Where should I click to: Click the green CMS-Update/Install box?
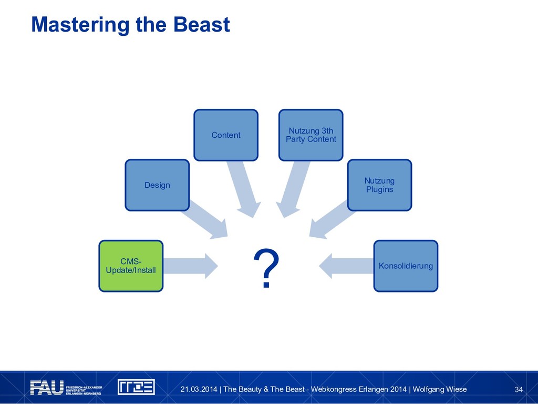[x=131, y=266]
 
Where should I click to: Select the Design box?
[x=157, y=185]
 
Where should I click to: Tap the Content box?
[x=226, y=135]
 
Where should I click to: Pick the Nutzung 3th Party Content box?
[x=311, y=135]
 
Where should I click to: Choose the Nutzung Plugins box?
[x=379, y=185]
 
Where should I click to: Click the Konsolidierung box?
[x=406, y=266]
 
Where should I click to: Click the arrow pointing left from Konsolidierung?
[x=345, y=266]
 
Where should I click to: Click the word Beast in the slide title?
[x=202, y=24]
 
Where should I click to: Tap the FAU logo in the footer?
[x=47, y=388]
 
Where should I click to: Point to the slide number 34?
[x=519, y=389]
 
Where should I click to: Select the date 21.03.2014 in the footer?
[x=198, y=389]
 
